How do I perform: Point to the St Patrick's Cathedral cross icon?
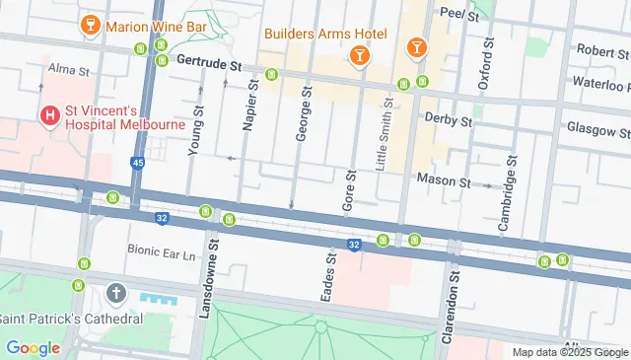[x=116, y=293]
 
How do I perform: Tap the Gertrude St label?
[x=210, y=62]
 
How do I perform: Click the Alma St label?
[x=69, y=70]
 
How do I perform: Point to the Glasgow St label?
[x=597, y=129]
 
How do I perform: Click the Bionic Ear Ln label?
[x=162, y=252]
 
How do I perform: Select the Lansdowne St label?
[x=208, y=282]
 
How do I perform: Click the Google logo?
[x=33, y=347]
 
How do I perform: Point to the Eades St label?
[x=331, y=277]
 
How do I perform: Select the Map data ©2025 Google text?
[x=570, y=352]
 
